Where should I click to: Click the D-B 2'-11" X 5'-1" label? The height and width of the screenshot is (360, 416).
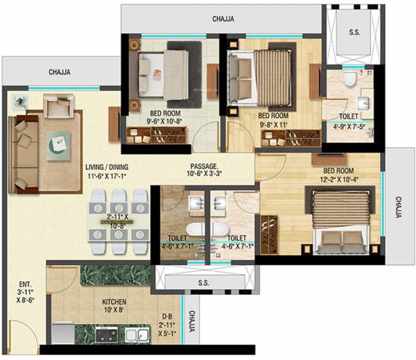pyautogui.click(x=167, y=323)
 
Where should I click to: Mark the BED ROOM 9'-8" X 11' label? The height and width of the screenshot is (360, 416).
pyautogui.click(x=273, y=119)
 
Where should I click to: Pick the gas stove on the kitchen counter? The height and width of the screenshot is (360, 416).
pyautogui.click(x=107, y=336)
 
